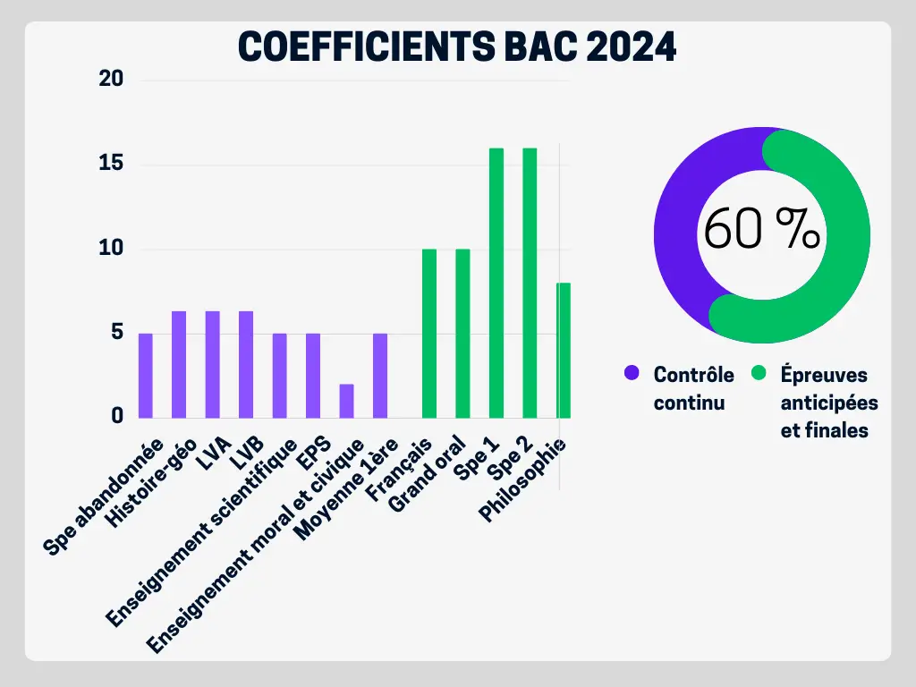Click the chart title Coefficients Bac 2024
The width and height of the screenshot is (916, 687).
coord(457,47)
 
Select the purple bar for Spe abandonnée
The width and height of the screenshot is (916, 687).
coord(146,376)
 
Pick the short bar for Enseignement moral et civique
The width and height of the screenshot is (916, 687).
coord(346,401)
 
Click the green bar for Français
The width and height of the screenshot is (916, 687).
coord(429,333)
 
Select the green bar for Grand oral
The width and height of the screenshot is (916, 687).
coord(462,333)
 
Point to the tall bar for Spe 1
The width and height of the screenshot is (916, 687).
coord(496,283)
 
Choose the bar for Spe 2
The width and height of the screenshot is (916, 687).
coord(530,283)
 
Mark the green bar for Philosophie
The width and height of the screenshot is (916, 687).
coord(564,350)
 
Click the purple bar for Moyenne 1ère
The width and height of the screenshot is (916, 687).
coord(380,376)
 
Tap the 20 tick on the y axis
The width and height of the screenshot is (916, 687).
coord(111,81)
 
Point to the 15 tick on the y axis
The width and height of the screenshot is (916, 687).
coord(111,165)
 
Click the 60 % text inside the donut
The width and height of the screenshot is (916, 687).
coord(761,231)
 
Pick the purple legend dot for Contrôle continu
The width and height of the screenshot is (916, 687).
coord(632,373)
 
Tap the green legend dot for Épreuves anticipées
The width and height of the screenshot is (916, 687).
coord(759,373)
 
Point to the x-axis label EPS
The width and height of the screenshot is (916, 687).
coord(315,455)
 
